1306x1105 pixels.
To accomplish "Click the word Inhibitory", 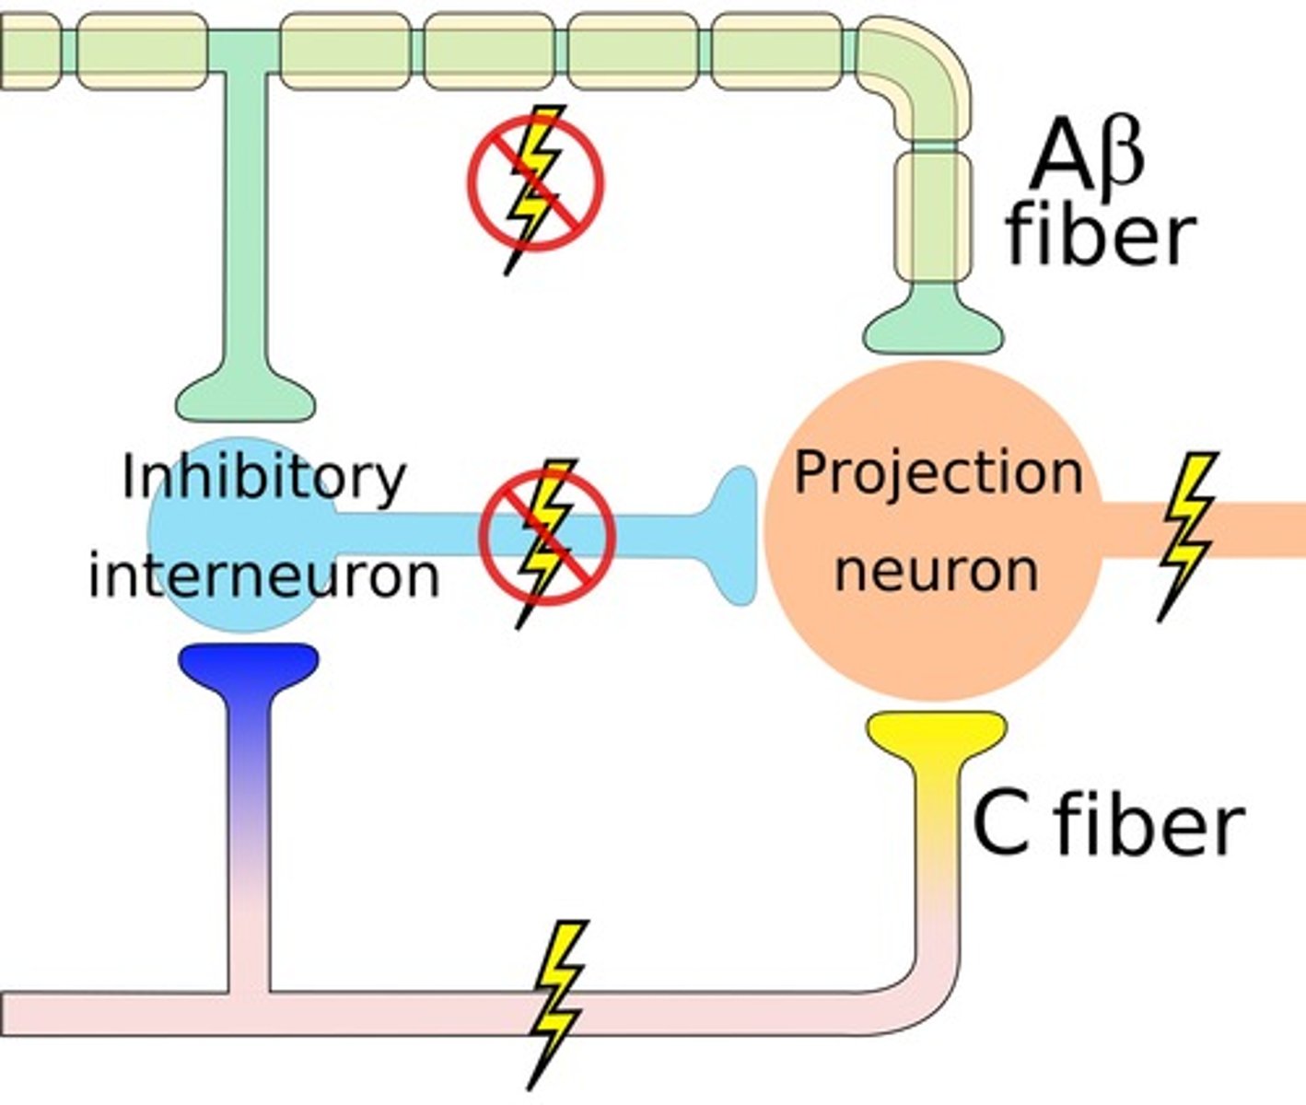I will pyautogui.click(x=263, y=478).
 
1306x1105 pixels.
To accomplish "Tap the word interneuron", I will pyautogui.click(x=263, y=576).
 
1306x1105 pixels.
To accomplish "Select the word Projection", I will pyautogui.click(x=938, y=473).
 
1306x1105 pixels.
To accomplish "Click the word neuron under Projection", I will pyautogui.click(x=936, y=570).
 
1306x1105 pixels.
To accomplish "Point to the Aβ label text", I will pyautogui.click(x=1087, y=157).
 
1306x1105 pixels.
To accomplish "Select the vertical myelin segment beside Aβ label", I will pyautogui.click(x=932, y=216).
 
